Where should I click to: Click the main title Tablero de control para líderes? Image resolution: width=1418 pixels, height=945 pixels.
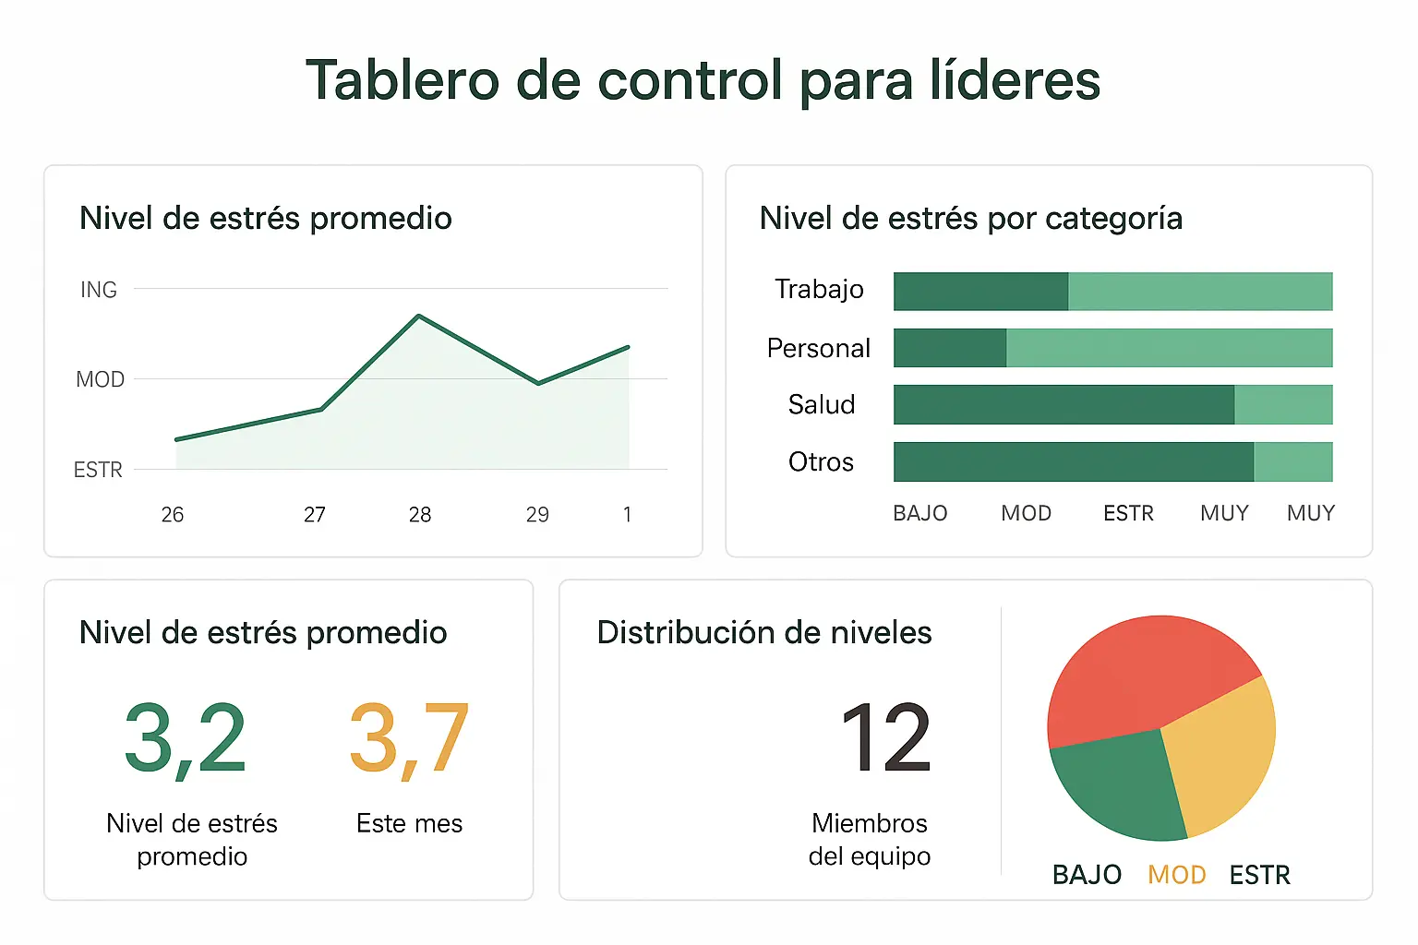click(703, 80)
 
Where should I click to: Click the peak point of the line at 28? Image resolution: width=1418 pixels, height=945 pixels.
click(419, 317)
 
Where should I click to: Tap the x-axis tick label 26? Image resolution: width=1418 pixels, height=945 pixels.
click(173, 515)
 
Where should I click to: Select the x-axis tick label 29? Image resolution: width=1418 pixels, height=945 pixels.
click(537, 515)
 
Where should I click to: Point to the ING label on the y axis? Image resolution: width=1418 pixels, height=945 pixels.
click(99, 290)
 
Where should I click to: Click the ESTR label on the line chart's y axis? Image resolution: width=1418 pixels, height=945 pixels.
click(98, 471)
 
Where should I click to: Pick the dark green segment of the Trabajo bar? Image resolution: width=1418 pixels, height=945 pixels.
click(980, 292)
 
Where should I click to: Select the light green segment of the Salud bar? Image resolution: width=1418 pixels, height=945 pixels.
click(1283, 405)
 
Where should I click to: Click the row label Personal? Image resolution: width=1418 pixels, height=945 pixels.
click(818, 348)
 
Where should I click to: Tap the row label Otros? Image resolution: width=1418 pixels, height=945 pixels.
click(821, 461)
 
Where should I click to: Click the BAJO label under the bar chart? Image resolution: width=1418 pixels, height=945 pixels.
click(919, 513)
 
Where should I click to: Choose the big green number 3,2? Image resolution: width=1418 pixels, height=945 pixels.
click(185, 738)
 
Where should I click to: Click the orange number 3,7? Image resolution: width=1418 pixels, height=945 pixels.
click(409, 738)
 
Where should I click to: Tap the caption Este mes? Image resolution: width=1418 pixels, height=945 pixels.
click(409, 823)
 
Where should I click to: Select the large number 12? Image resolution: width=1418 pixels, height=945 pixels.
click(885, 738)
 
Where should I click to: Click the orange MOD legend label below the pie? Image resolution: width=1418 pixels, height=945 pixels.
click(1176, 875)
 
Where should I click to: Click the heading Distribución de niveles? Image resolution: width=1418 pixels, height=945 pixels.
click(763, 633)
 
